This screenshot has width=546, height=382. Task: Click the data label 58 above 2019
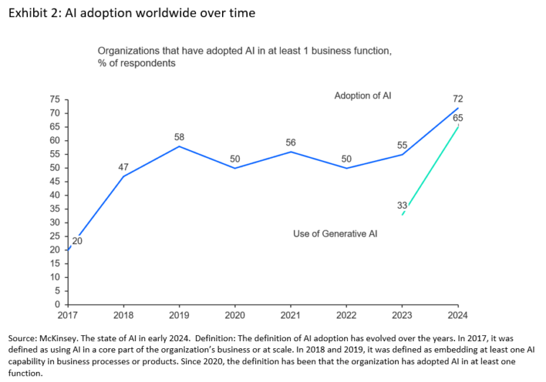pyautogui.click(x=179, y=136)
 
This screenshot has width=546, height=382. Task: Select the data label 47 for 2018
pyautogui.click(x=123, y=167)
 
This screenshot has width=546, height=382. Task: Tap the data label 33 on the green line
pyautogui.click(x=402, y=205)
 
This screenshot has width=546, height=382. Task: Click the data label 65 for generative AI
pyautogui.click(x=458, y=117)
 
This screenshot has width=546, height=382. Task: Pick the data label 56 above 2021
pyautogui.click(x=291, y=143)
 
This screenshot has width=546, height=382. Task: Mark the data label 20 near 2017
pyautogui.click(x=77, y=241)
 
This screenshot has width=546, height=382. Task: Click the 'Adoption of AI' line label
pyautogui.click(x=363, y=95)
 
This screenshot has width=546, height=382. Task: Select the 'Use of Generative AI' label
pyautogui.click(x=336, y=233)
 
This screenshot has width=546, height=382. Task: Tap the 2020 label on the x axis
pyautogui.click(x=235, y=315)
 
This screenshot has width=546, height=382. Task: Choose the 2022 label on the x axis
pyautogui.click(x=346, y=315)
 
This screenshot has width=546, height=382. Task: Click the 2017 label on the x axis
pyautogui.click(x=68, y=315)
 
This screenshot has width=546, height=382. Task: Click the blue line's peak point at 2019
pyautogui.click(x=179, y=146)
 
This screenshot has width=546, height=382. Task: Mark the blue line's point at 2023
pyautogui.click(x=402, y=154)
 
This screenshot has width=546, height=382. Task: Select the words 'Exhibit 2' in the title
pyautogui.click(x=32, y=14)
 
